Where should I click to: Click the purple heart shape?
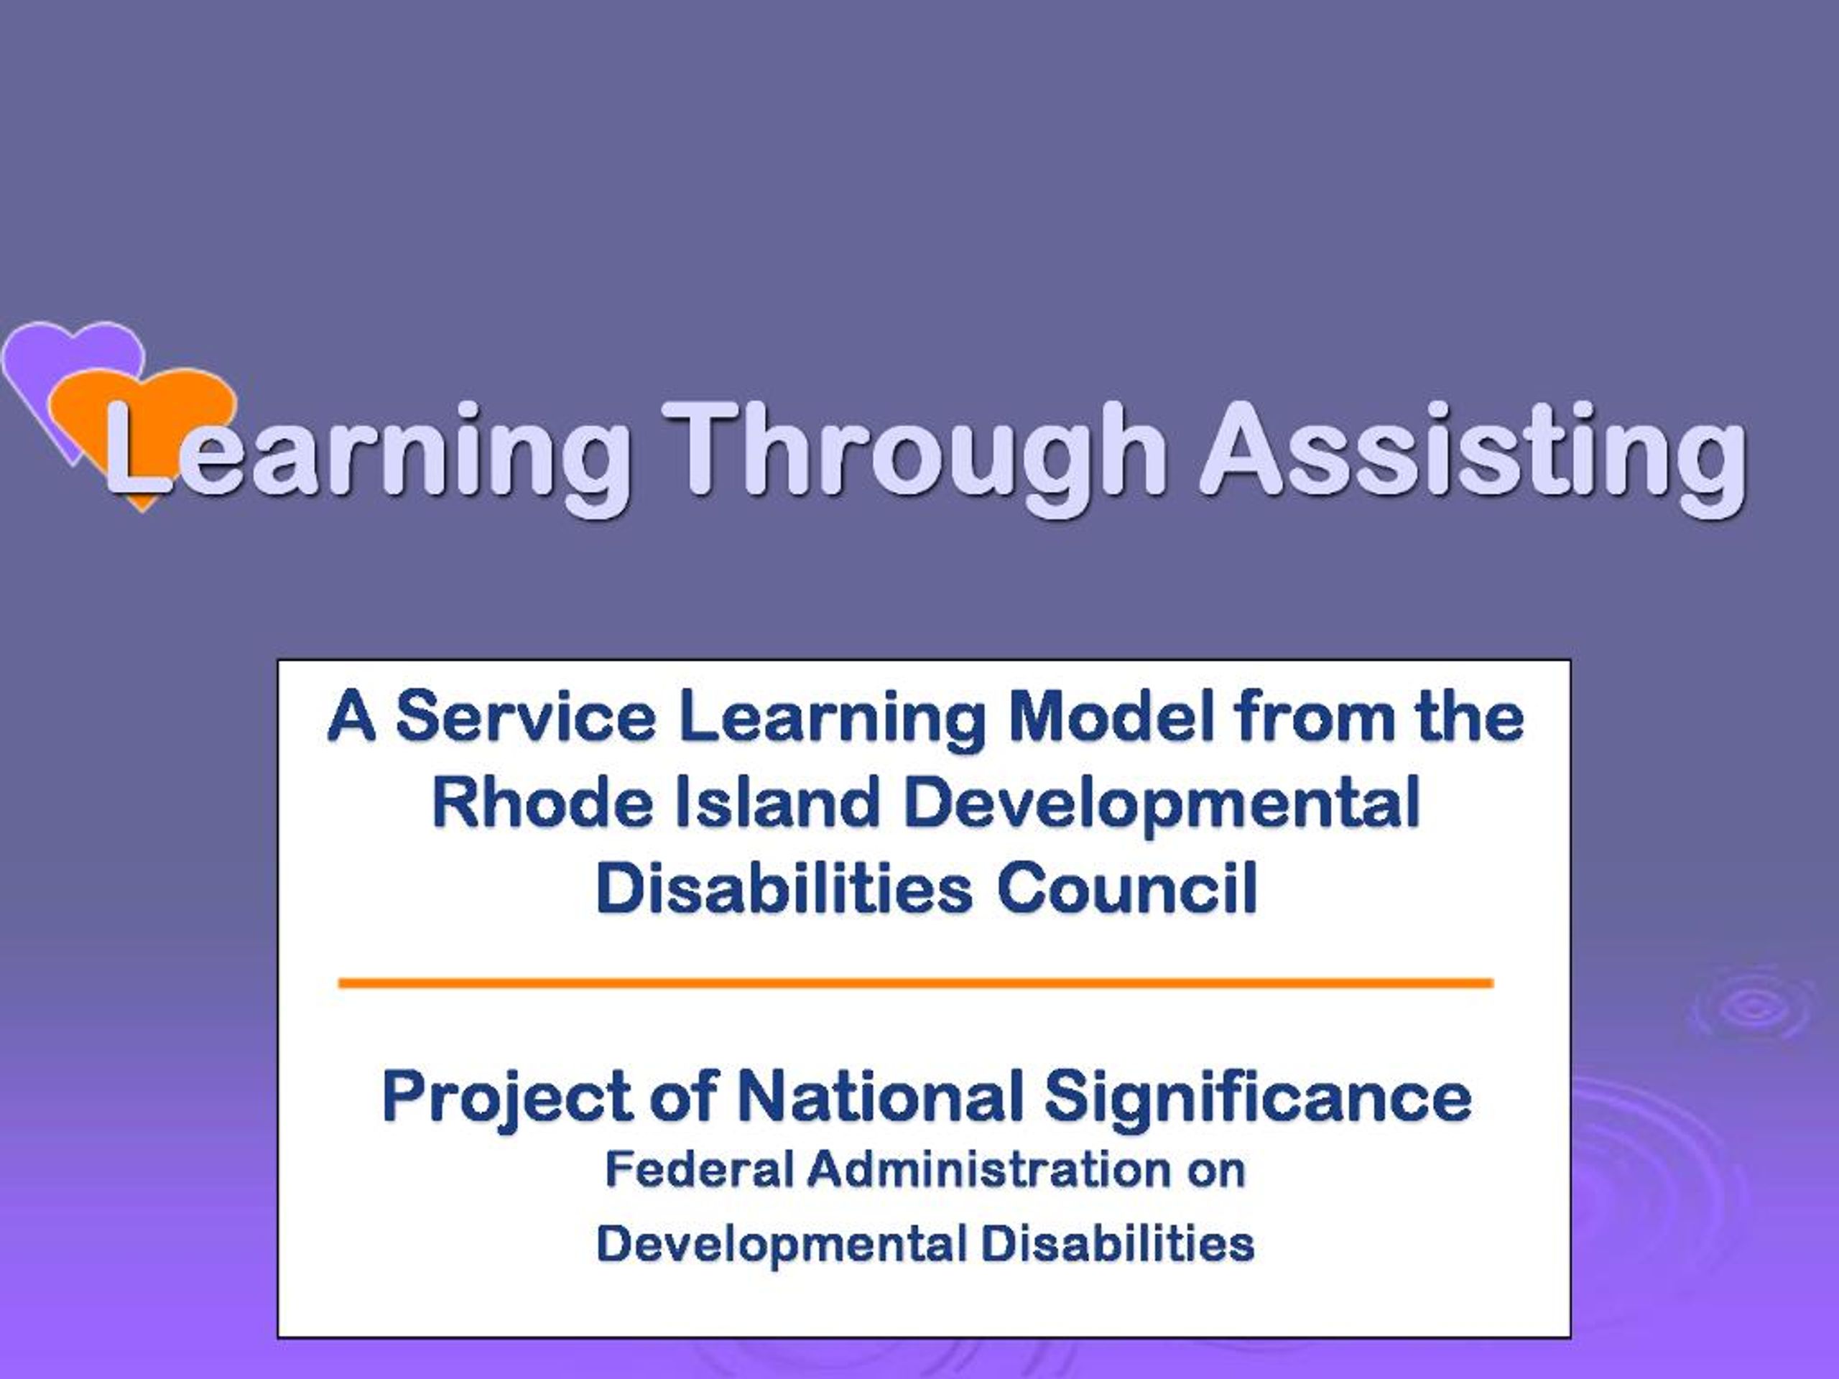67,366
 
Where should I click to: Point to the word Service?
525,718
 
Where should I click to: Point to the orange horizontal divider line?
915,983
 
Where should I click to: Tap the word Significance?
1258,1097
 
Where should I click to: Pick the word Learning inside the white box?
830,719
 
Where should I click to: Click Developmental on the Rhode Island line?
1162,804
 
